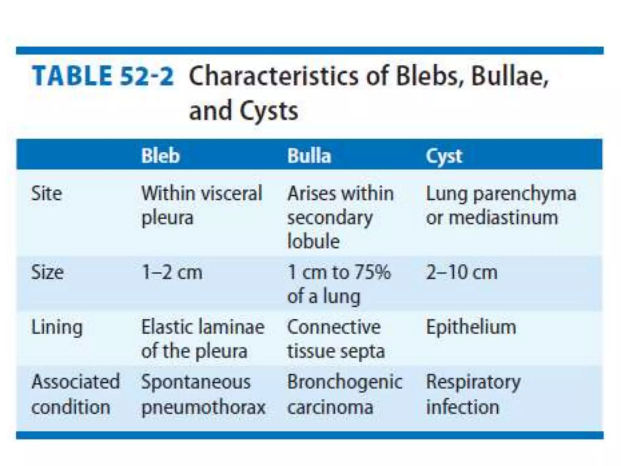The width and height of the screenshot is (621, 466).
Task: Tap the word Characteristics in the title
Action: pyautogui.click(x=273, y=76)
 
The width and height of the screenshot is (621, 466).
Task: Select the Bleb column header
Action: pyautogui.click(x=160, y=156)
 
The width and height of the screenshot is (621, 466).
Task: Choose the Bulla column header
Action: pyautogui.click(x=309, y=156)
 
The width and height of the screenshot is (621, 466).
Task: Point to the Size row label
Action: pyautogui.click(x=47, y=272)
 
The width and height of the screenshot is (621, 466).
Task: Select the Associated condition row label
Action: pyautogui.click(x=75, y=394)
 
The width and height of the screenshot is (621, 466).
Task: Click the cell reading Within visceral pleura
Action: pyautogui.click(x=202, y=205)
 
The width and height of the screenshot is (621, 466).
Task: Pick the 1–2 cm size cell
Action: pyautogui.click(x=172, y=272)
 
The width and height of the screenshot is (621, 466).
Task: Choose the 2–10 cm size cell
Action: pyautogui.click(x=462, y=272)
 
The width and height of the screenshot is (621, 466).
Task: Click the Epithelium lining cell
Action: pyautogui.click(x=471, y=327)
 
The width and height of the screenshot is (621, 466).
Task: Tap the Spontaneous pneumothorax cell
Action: pyautogui.click(x=203, y=394)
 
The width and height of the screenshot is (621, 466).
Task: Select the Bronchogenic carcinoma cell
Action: pyautogui.click(x=344, y=394)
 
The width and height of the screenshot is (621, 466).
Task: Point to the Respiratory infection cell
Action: pyautogui.click(x=473, y=394)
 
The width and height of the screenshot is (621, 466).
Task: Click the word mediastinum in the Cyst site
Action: pyautogui.click(x=503, y=218)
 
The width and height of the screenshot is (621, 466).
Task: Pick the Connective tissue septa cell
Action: pyautogui.click(x=336, y=339)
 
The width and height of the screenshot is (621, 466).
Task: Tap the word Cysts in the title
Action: pyautogui.click(x=269, y=111)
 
